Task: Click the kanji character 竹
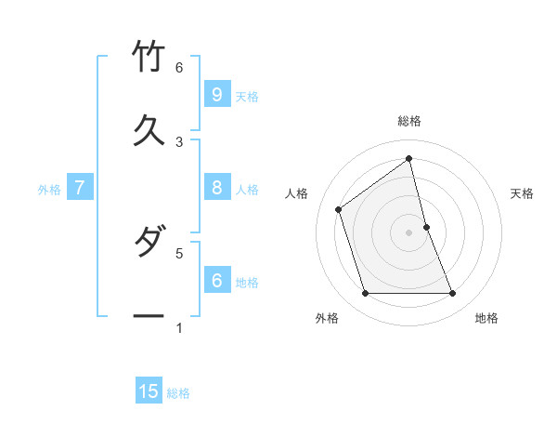[x=149, y=56]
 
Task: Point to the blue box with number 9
[x=216, y=95]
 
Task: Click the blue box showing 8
[x=216, y=188]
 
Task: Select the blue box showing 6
[x=216, y=280]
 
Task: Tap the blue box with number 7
[x=80, y=188]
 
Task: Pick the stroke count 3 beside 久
[x=179, y=141]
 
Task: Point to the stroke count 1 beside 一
[x=179, y=327]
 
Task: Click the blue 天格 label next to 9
[x=247, y=97]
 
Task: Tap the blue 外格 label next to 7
[x=49, y=190]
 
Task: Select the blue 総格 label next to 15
[x=178, y=393]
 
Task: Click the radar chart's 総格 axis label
[x=409, y=121]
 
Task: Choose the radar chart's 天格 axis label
[x=522, y=193]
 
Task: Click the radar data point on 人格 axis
[x=339, y=209]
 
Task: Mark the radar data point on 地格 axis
[x=453, y=294]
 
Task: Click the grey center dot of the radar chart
[x=409, y=232]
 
